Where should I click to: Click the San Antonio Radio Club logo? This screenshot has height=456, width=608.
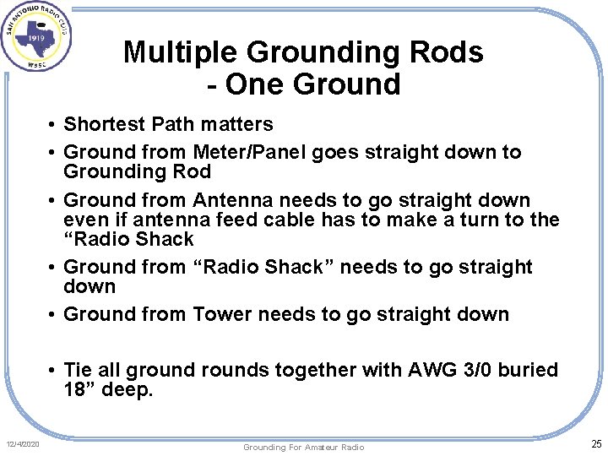pos(35,36)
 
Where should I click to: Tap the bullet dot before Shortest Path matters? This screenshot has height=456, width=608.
pos(52,125)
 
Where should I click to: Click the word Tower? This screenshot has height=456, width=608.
pos(222,314)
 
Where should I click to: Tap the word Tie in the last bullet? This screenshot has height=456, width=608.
pos(78,370)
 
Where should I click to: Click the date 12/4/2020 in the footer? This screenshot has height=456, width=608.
pos(24,445)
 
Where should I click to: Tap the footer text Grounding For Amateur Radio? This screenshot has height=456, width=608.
pos(303,447)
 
